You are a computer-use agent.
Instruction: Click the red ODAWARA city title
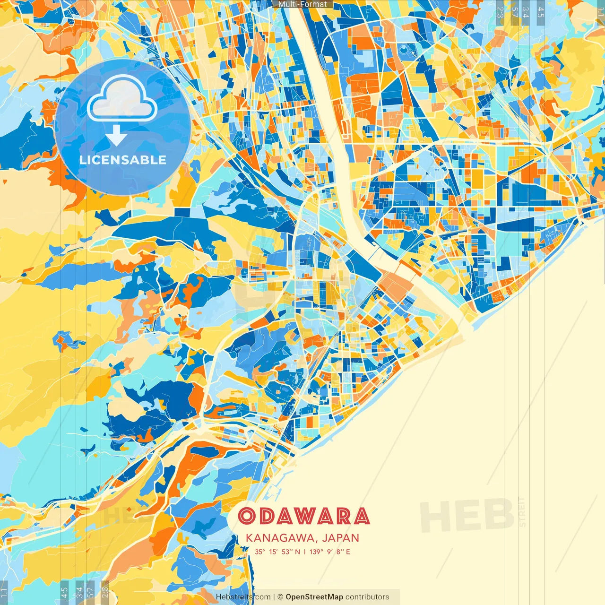[x=303, y=516]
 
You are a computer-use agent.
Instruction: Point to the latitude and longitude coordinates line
[x=302, y=552]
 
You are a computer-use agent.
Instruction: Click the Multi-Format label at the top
[x=302, y=4]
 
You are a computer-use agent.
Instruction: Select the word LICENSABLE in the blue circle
[x=122, y=160]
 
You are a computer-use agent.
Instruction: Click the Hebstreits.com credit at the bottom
[x=243, y=597]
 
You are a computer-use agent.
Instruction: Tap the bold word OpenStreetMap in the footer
[x=314, y=597]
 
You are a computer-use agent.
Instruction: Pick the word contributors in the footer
[x=367, y=597]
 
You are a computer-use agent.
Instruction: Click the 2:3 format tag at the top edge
[x=500, y=12]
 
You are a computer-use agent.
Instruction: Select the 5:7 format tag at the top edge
[x=515, y=12]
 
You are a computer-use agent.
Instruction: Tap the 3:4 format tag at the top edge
[x=526, y=12]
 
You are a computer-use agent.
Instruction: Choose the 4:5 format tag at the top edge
[x=541, y=12]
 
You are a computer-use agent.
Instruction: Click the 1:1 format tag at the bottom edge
[x=4, y=593]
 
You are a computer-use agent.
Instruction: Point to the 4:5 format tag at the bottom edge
[x=64, y=593]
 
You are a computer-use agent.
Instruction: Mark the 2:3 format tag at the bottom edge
[x=104, y=593]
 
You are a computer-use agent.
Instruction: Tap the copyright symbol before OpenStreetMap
[x=280, y=597]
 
